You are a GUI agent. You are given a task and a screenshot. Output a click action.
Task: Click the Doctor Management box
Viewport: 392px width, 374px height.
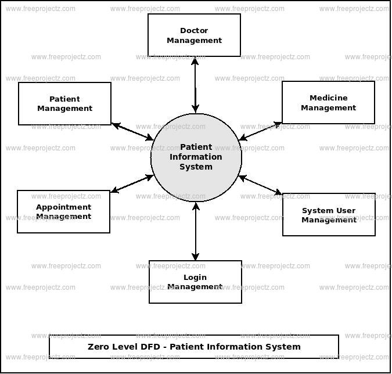pyautogui.click(x=194, y=35)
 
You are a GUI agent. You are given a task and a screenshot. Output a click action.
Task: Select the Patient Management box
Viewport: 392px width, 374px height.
pyautogui.click(x=64, y=103)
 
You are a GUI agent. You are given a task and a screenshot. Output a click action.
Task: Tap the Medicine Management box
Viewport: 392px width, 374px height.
pyautogui.click(x=328, y=103)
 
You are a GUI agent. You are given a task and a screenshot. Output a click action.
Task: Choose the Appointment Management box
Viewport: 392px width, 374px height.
pyautogui.click(x=63, y=212)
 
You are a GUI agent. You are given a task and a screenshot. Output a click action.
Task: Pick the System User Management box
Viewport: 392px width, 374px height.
pyautogui.click(x=329, y=215)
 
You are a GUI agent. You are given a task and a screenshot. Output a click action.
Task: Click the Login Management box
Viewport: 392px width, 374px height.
pyautogui.click(x=195, y=282)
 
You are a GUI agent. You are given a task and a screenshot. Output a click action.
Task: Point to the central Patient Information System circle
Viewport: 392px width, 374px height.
pyautogui.click(x=196, y=157)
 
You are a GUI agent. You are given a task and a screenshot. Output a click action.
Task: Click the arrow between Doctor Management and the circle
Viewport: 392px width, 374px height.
pyautogui.click(x=195, y=84)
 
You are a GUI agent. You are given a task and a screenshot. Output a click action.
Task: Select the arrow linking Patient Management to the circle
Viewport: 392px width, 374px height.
pyautogui.click(x=132, y=132)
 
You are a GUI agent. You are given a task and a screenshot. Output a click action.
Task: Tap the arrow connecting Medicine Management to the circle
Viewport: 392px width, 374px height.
pyautogui.click(x=261, y=131)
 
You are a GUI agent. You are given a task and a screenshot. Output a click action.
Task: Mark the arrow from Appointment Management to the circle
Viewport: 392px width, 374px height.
pyautogui.click(x=132, y=184)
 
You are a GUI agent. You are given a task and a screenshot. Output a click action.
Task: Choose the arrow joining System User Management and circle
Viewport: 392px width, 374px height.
pyautogui.click(x=261, y=185)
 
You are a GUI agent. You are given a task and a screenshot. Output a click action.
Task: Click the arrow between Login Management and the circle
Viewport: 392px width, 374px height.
pyautogui.click(x=196, y=231)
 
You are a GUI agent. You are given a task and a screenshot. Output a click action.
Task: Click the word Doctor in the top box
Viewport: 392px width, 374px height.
pyautogui.click(x=194, y=31)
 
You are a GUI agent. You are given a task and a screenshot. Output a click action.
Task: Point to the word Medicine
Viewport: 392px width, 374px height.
pyautogui.click(x=328, y=98)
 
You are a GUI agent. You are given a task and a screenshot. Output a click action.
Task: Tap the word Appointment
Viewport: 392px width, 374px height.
pyautogui.click(x=63, y=207)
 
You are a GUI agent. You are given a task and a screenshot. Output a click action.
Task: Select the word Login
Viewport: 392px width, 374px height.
pyautogui.click(x=195, y=278)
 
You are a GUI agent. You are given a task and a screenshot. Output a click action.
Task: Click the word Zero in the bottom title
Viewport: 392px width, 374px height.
pyautogui.click(x=99, y=347)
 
